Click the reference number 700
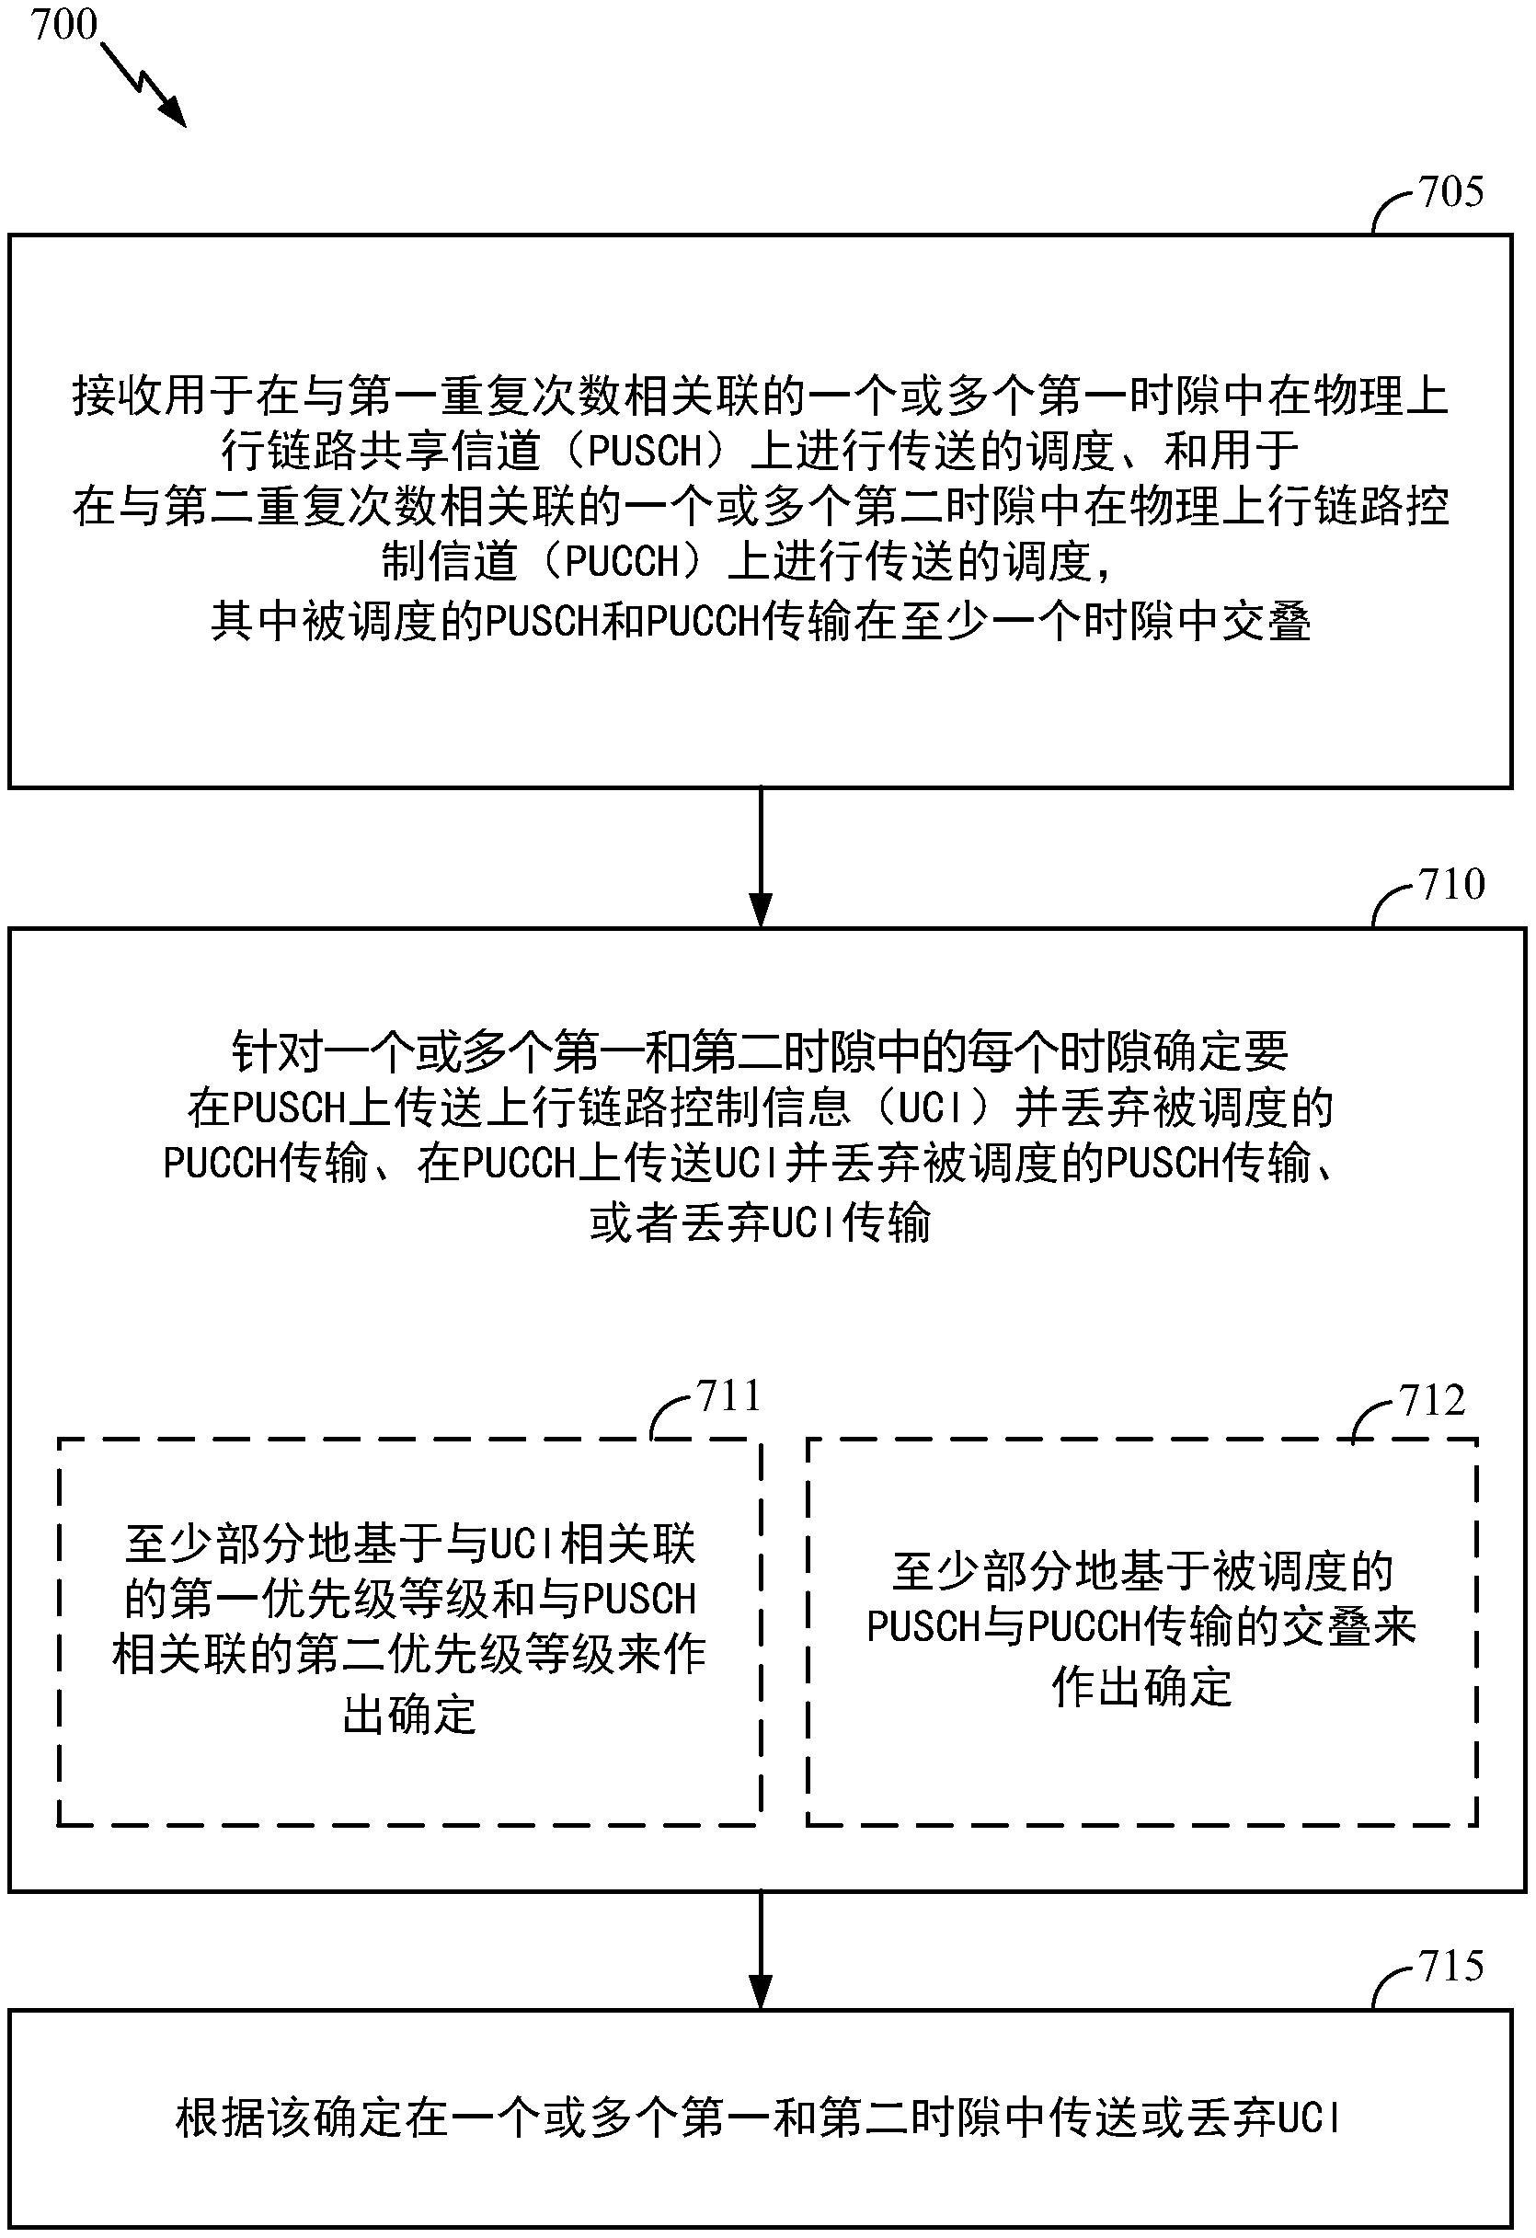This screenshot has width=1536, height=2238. [64, 24]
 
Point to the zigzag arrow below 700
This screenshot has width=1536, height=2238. [143, 84]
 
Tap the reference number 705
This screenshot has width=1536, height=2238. [1451, 191]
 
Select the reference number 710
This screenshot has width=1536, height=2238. [1451, 884]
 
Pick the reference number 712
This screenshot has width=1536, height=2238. [1433, 1399]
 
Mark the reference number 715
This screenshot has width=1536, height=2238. [1451, 1967]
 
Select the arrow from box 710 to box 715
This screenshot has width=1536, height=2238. [761, 1950]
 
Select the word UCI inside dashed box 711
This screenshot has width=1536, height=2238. [525, 1545]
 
